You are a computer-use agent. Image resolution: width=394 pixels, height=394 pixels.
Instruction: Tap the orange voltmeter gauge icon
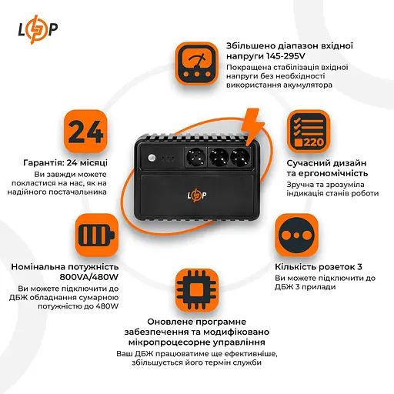point(197,62)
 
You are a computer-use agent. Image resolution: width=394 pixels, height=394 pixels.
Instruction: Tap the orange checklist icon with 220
point(307,132)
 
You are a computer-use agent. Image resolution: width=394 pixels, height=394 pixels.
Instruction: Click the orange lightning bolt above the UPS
point(252,123)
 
